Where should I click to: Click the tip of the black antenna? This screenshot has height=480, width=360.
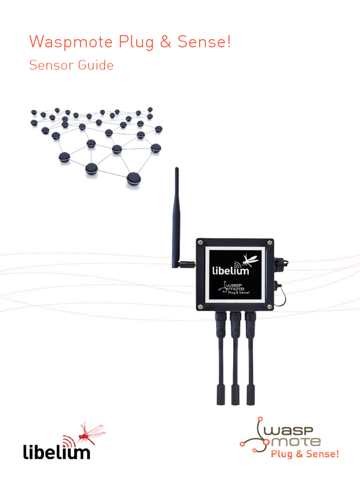point(177,169)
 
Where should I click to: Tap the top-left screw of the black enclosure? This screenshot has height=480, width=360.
point(200,242)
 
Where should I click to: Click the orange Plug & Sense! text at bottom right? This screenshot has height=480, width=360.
point(304,454)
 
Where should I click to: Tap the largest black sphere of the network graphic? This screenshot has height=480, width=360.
point(135,178)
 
